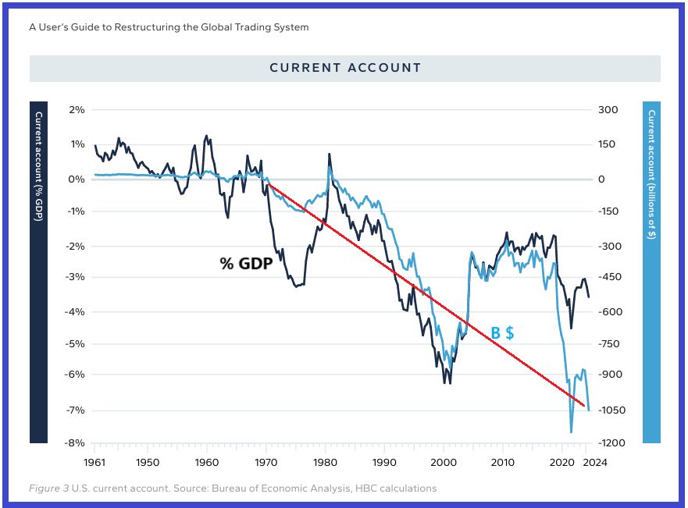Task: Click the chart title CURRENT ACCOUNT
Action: click(345, 68)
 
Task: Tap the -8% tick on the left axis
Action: click(75, 443)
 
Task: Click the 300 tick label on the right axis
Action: click(608, 110)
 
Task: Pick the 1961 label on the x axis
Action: click(94, 460)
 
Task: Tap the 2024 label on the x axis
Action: click(594, 460)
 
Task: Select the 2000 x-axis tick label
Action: click(444, 460)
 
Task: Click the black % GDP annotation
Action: click(245, 264)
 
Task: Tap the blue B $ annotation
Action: click(501, 333)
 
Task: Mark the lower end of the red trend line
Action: click(584, 405)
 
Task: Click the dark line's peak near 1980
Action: click(330, 154)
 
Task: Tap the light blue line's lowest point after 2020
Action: click(571, 432)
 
